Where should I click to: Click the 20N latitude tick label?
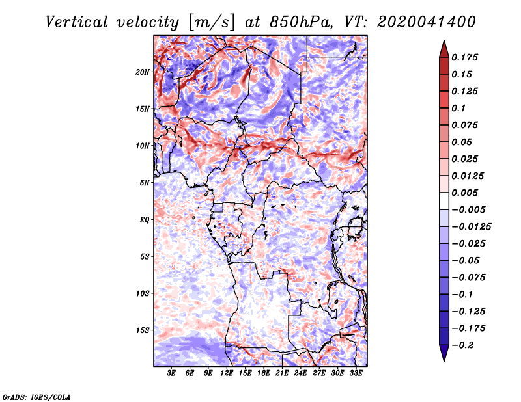[143, 72]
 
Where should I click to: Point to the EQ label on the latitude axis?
[145, 220]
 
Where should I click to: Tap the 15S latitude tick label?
[143, 330]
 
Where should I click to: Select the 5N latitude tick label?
[145, 183]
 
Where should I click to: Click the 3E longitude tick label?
[171, 373]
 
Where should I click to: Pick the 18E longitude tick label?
[264, 373]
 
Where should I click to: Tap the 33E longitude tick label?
[356, 373]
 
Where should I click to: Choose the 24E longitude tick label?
[300, 373]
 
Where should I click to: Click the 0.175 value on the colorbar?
[464, 57]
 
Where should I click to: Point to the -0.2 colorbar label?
[462, 345]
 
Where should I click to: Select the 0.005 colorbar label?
[464, 193]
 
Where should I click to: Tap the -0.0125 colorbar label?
[471, 227]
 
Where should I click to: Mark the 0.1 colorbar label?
[458, 108]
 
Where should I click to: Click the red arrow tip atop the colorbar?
[444, 40]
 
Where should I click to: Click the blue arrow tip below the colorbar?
[444, 361]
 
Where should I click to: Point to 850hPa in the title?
[301, 22]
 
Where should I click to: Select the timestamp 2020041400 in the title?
[427, 22]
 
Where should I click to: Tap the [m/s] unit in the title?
[212, 23]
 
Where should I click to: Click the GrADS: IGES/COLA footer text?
[36, 397]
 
